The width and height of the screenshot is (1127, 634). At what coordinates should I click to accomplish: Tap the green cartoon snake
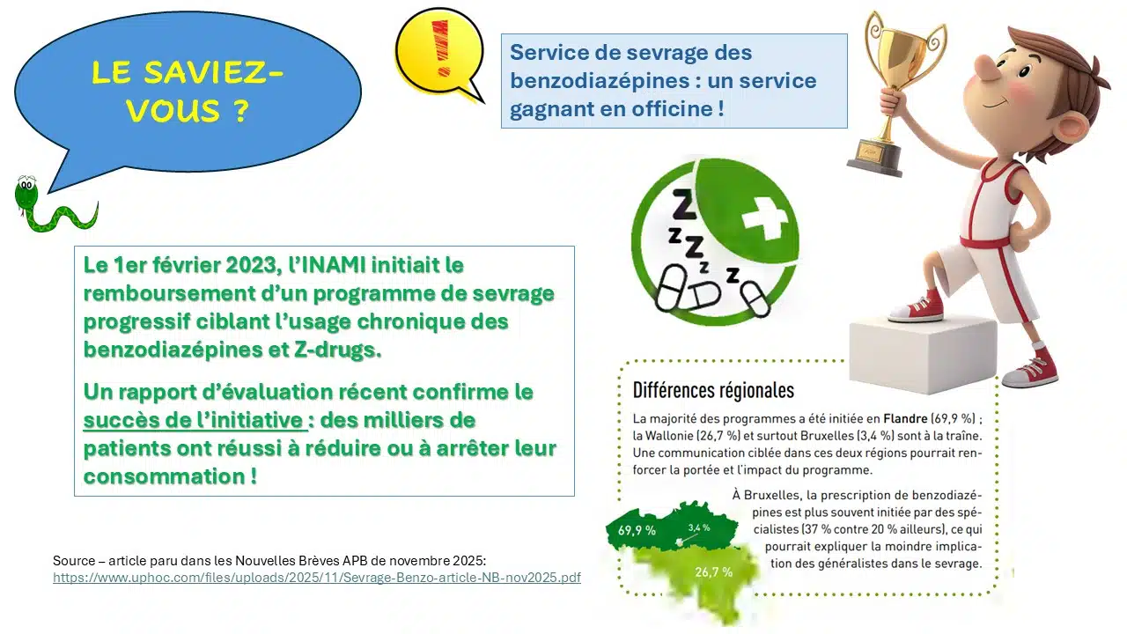click(x=44, y=208)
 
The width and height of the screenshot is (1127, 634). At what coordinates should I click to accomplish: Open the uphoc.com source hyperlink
click(x=316, y=578)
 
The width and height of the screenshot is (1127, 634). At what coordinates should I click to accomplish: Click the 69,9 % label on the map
click(x=637, y=530)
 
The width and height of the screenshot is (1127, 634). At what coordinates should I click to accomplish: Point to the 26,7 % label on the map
click(x=713, y=571)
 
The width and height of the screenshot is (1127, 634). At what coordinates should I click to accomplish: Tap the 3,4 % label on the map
click(x=698, y=527)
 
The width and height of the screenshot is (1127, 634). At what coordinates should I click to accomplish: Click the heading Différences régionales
click(x=713, y=390)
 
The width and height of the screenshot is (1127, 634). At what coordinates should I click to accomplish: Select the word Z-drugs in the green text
click(x=335, y=350)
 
